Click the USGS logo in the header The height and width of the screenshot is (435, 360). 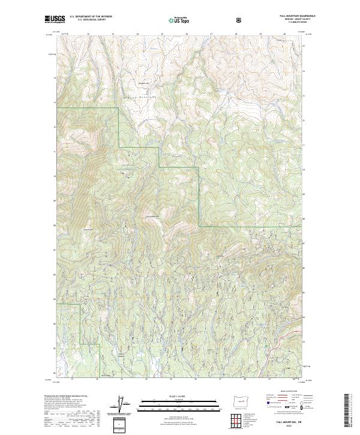pos(55,19)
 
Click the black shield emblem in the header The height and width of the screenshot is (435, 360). pos(239,20)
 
